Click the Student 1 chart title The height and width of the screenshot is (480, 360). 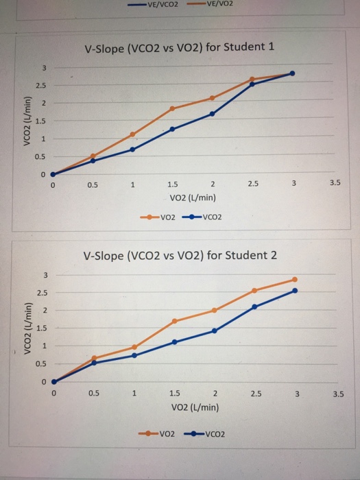pyautogui.click(x=179, y=48)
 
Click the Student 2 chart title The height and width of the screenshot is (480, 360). pyautogui.click(x=180, y=256)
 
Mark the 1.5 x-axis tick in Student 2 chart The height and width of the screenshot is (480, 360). pyautogui.click(x=175, y=394)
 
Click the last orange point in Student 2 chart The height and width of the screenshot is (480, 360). pyautogui.click(x=295, y=279)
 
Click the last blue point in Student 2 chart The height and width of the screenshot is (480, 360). pyautogui.click(x=295, y=291)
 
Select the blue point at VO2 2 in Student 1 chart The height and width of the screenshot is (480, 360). pyautogui.click(x=212, y=114)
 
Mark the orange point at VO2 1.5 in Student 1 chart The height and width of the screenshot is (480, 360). pyautogui.click(x=172, y=108)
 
